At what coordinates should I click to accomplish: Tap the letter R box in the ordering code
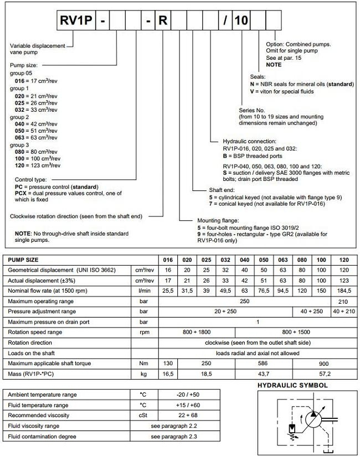tap(163, 22)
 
